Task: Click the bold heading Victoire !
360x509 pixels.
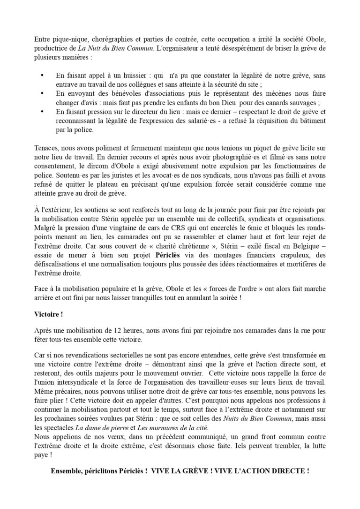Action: pyautogui.click(x=49, y=313)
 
